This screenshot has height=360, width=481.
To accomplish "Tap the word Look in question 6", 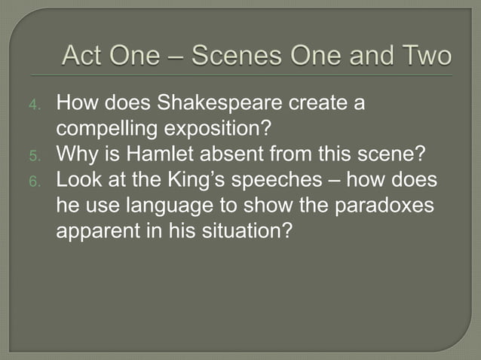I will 77,181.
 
